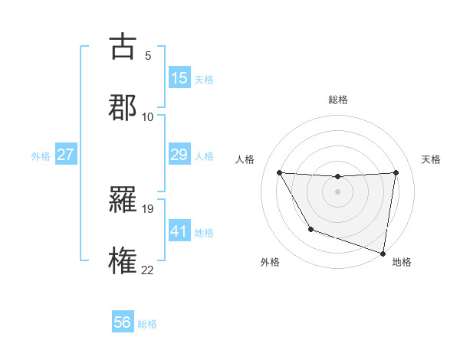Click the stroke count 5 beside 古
click(148, 56)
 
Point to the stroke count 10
click(148, 116)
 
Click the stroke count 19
click(148, 209)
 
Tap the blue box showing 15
click(179, 78)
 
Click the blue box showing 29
click(179, 155)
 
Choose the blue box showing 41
click(179, 231)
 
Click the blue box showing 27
click(65, 155)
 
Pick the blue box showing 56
click(123, 322)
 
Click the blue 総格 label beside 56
click(147, 324)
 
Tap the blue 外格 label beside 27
click(41, 156)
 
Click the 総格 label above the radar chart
click(338, 100)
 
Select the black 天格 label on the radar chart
click(432, 159)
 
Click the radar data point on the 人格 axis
click(280, 172)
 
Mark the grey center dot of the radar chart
click(337, 191)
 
